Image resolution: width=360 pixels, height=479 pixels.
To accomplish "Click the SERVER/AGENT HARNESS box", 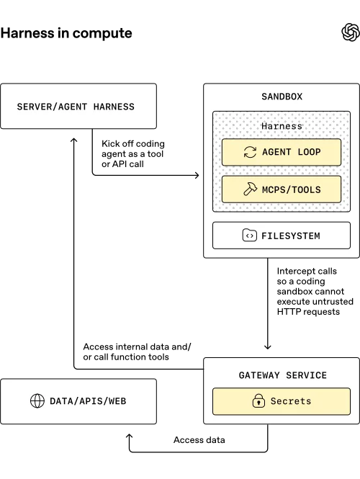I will (78, 107).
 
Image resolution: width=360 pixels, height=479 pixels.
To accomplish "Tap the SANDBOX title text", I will (282, 96).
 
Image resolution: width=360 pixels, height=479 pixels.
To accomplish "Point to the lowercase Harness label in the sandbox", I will (282, 126).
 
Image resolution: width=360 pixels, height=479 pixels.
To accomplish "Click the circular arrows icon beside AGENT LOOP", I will (250, 152).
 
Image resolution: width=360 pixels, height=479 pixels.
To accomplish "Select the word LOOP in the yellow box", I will (307, 152).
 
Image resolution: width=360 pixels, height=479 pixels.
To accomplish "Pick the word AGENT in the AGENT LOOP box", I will (277, 152).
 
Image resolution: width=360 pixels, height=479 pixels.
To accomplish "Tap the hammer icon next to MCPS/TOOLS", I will (250, 189).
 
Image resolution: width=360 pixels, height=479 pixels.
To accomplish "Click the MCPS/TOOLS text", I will (292, 189).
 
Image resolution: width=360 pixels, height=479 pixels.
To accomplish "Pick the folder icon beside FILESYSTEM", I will (249, 236).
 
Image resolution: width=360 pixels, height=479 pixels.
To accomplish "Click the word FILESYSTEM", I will (291, 236).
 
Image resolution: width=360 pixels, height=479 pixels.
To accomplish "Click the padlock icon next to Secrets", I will (258, 401).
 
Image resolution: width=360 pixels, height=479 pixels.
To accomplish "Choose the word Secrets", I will (291, 401).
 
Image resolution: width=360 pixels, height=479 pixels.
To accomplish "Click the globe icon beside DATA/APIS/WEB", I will (37, 400).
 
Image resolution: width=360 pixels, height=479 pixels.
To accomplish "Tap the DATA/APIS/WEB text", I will (88, 400).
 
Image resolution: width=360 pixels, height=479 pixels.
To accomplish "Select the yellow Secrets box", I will (282, 401).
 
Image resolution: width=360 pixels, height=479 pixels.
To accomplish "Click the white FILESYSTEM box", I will (282, 236).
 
